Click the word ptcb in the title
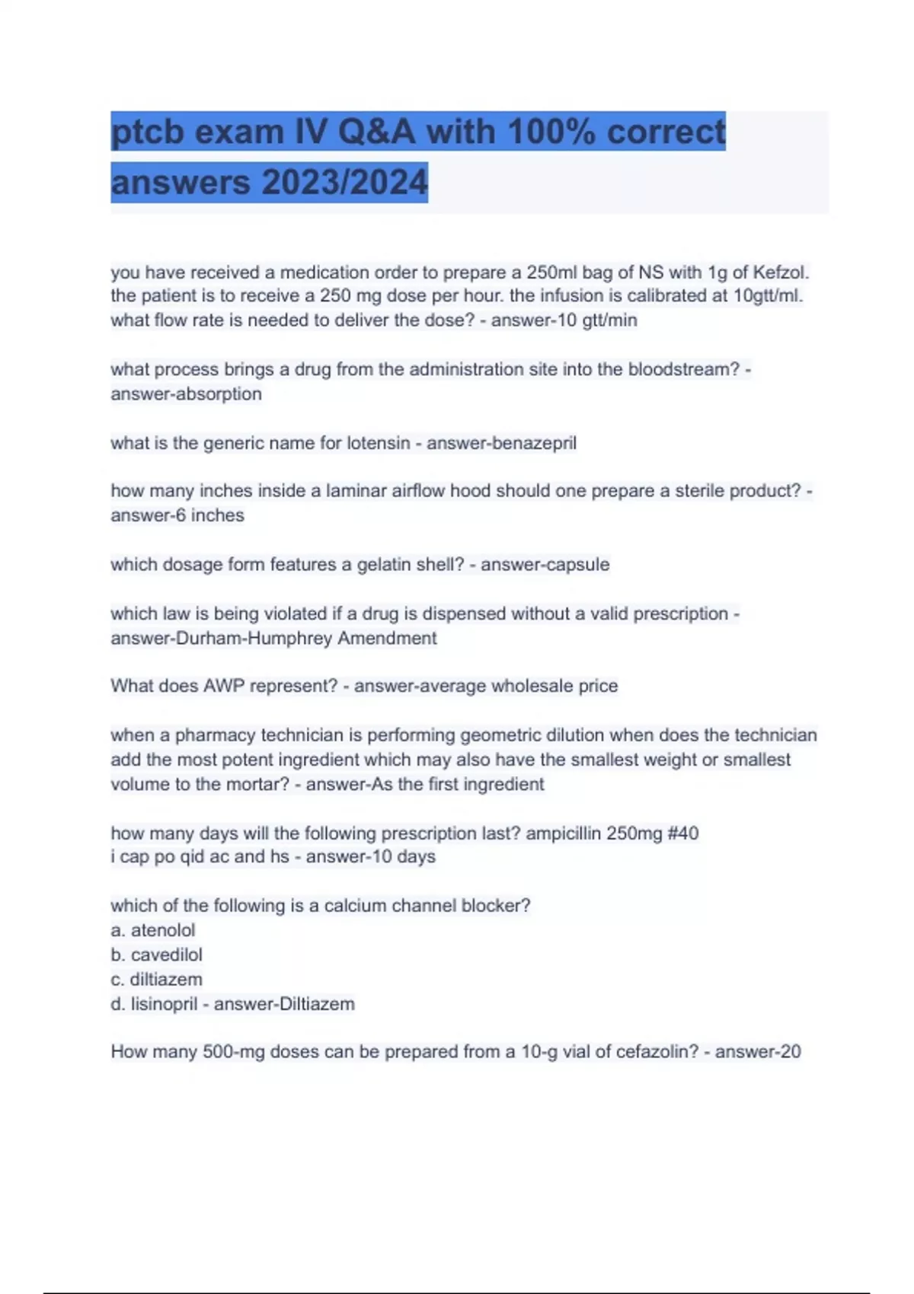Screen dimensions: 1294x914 [147, 132]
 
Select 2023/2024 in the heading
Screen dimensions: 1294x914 [344, 183]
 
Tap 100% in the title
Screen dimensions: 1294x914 [551, 132]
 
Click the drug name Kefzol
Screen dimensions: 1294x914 [781, 272]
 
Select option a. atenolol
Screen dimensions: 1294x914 [153, 930]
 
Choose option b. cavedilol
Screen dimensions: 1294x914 [157, 955]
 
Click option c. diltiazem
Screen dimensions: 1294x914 [157, 979]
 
